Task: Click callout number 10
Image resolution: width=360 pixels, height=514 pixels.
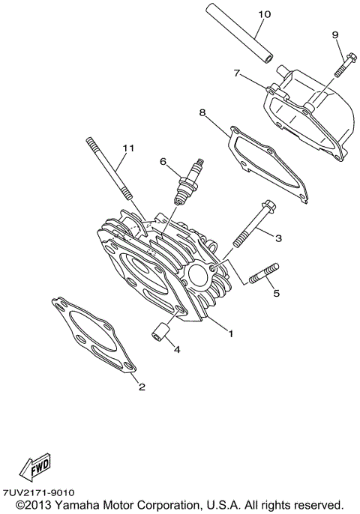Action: tap(263, 14)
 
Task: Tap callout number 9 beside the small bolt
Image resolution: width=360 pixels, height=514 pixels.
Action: tap(335, 34)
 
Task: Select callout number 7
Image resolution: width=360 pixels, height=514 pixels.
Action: tap(236, 73)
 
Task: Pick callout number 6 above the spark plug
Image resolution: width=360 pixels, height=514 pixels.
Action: tap(161, 160)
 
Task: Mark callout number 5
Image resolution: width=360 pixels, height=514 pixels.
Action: tap(275, 293)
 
